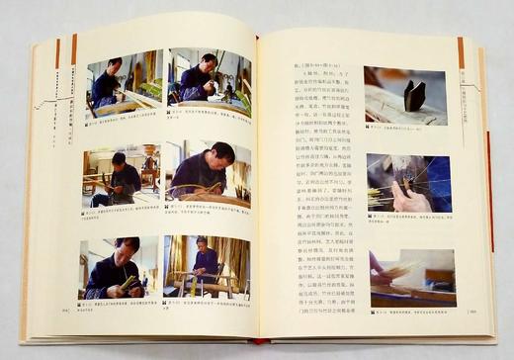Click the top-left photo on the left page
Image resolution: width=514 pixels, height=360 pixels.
click(x=125, y=83)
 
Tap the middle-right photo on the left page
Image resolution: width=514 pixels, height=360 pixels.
click(x=207, y=172)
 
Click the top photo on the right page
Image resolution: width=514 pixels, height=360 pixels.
click(x=404, y=95)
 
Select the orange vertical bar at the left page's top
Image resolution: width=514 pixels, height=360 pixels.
click(x=73, y=48)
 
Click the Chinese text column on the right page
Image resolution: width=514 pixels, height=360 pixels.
click(x=326, y=198)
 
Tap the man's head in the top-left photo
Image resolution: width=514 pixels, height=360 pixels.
click(x=117, y=66)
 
